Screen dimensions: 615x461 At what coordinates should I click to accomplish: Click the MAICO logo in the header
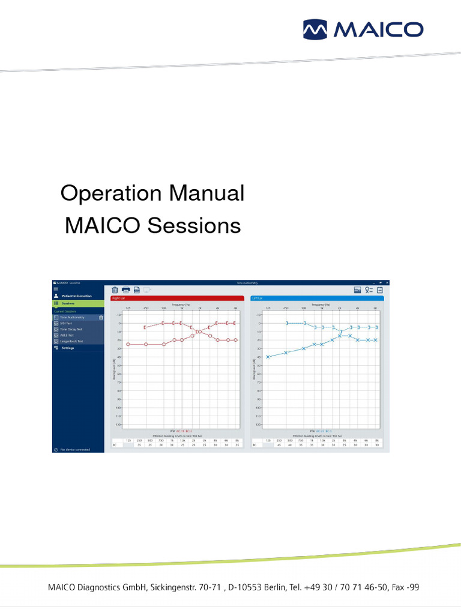[x=363, y=29]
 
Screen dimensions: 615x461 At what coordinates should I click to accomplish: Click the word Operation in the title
[x=111, y=194]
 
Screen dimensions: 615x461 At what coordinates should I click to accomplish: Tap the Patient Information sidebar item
[x=76, y=296]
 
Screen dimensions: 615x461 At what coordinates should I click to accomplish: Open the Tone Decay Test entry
[x=71, y=329]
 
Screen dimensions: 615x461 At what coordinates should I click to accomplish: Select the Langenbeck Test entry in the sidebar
[x=71, y=341]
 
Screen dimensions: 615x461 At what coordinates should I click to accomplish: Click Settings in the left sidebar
[x=67, y=348]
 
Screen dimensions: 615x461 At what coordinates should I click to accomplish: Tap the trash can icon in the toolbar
[x=115, y=289]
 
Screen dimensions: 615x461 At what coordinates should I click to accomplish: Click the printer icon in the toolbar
[x=125, y=289]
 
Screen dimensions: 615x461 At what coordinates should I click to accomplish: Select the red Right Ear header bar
[x=176, y=298]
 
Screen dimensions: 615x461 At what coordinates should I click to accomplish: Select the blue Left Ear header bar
[x=316, y=298]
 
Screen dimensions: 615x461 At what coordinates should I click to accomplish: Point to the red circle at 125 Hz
[x=128, y=344]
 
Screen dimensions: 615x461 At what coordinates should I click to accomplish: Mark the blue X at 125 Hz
[x=268, y=357]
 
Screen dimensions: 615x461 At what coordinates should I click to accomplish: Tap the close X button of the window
[x=387, y=282]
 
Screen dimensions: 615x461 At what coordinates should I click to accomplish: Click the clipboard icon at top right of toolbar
[x=380, y=289]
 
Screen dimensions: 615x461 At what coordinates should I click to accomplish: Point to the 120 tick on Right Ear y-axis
[x=118, y=424]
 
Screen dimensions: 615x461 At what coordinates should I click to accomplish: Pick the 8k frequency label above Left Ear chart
[x=375, y=307]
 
